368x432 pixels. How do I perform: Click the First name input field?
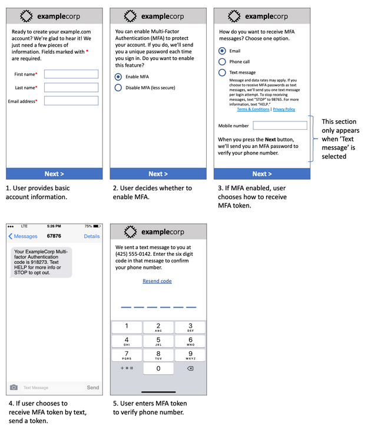[71, 74]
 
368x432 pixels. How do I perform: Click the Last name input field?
[71, 88]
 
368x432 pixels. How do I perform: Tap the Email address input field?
[71, 101]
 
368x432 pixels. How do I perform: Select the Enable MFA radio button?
[118, 77]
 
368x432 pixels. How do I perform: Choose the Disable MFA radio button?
[118, 88]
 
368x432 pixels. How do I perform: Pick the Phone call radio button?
[222, 61]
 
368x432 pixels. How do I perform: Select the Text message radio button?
[222, 72]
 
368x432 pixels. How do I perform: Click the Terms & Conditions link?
[253, 110]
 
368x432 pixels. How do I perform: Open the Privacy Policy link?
[284, 110]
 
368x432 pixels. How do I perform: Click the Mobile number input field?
[280, 126]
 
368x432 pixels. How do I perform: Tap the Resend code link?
[157, 281]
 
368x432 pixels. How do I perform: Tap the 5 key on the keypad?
[158, 341]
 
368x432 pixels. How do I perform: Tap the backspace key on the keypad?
[190, 368]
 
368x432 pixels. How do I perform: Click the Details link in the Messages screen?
[92, 236]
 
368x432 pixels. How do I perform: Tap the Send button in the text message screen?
[93, 388]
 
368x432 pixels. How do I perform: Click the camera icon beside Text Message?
[13, 388]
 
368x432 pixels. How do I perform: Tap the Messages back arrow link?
[22, 236]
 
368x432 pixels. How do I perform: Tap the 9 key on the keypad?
[190, 355]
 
